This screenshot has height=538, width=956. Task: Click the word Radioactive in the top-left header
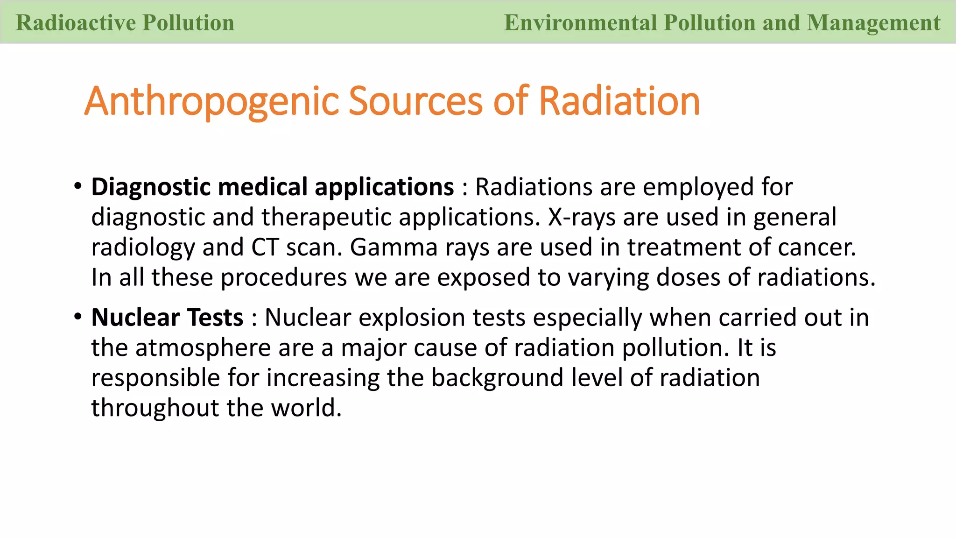coord(75,23)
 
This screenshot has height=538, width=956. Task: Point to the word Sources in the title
coord(415,101)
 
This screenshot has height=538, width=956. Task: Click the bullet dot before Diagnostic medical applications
coord(77,186)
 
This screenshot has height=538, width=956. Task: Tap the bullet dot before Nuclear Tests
coord(77,317)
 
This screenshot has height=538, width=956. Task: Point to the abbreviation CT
coord(265,248)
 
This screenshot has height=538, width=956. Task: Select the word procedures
coord(284,278)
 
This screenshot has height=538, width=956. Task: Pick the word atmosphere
coord(203,348)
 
